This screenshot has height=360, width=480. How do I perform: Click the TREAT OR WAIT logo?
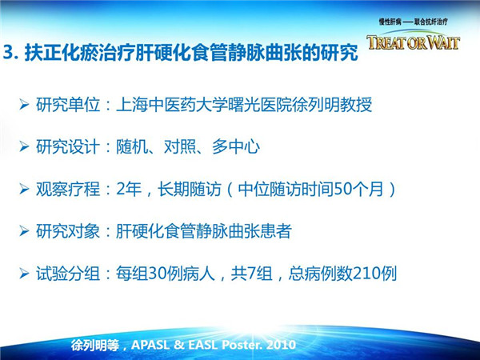click(414, 42)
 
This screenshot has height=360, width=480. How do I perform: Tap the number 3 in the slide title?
click(9, 53)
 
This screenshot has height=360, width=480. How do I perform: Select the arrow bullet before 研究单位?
click(24, 105)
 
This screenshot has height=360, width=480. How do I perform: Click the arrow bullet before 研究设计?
click(24, 146)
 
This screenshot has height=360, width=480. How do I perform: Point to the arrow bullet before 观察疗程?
click(24, 189)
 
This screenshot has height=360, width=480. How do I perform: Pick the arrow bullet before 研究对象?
click(24, 231)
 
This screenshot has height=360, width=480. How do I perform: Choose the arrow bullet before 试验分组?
click(24, 273)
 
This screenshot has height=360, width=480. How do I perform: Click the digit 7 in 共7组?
click(252, 274)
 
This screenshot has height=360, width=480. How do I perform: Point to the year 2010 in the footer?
click(281, 345)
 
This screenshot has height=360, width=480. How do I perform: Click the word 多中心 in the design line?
click(236, 147)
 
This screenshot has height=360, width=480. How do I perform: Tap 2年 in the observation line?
click(129, 189)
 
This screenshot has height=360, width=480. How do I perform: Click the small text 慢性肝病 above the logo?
click(390, 22)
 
